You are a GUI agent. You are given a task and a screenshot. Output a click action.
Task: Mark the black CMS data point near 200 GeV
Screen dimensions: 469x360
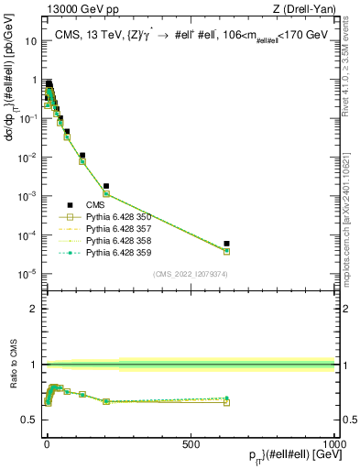106,186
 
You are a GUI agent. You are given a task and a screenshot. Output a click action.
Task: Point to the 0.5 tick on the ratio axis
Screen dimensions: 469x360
31,420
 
